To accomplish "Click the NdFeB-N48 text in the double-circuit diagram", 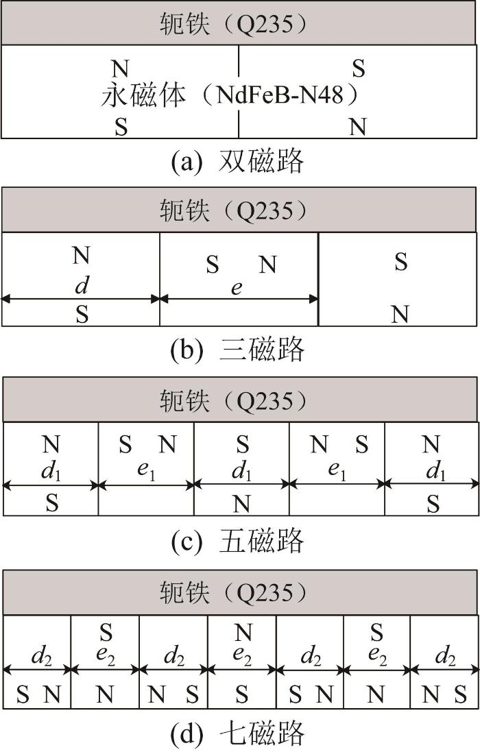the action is point(280,95).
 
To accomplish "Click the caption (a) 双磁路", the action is point(237,160).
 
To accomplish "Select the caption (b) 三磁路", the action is point(237,349).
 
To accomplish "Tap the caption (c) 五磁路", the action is point(237,540).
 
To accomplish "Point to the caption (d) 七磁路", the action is point(237,732).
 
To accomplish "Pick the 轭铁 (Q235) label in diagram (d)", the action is point(233,593).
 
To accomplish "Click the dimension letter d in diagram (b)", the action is point(82,285).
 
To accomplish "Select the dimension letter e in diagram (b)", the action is point(237,288).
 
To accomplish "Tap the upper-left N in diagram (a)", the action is point(121,69).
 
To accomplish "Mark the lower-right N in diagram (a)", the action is point(358,127).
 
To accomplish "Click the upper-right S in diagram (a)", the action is point(359,69).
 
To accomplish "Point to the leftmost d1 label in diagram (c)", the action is point(51,472).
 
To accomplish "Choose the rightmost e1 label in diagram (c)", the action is point(337,470).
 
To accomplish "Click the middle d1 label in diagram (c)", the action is point(241,472).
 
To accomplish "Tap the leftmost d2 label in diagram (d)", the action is point(41,657).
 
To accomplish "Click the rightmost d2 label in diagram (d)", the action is point(445,657).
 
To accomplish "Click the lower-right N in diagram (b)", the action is point(400,315).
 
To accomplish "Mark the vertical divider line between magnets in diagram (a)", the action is point(239,92).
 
